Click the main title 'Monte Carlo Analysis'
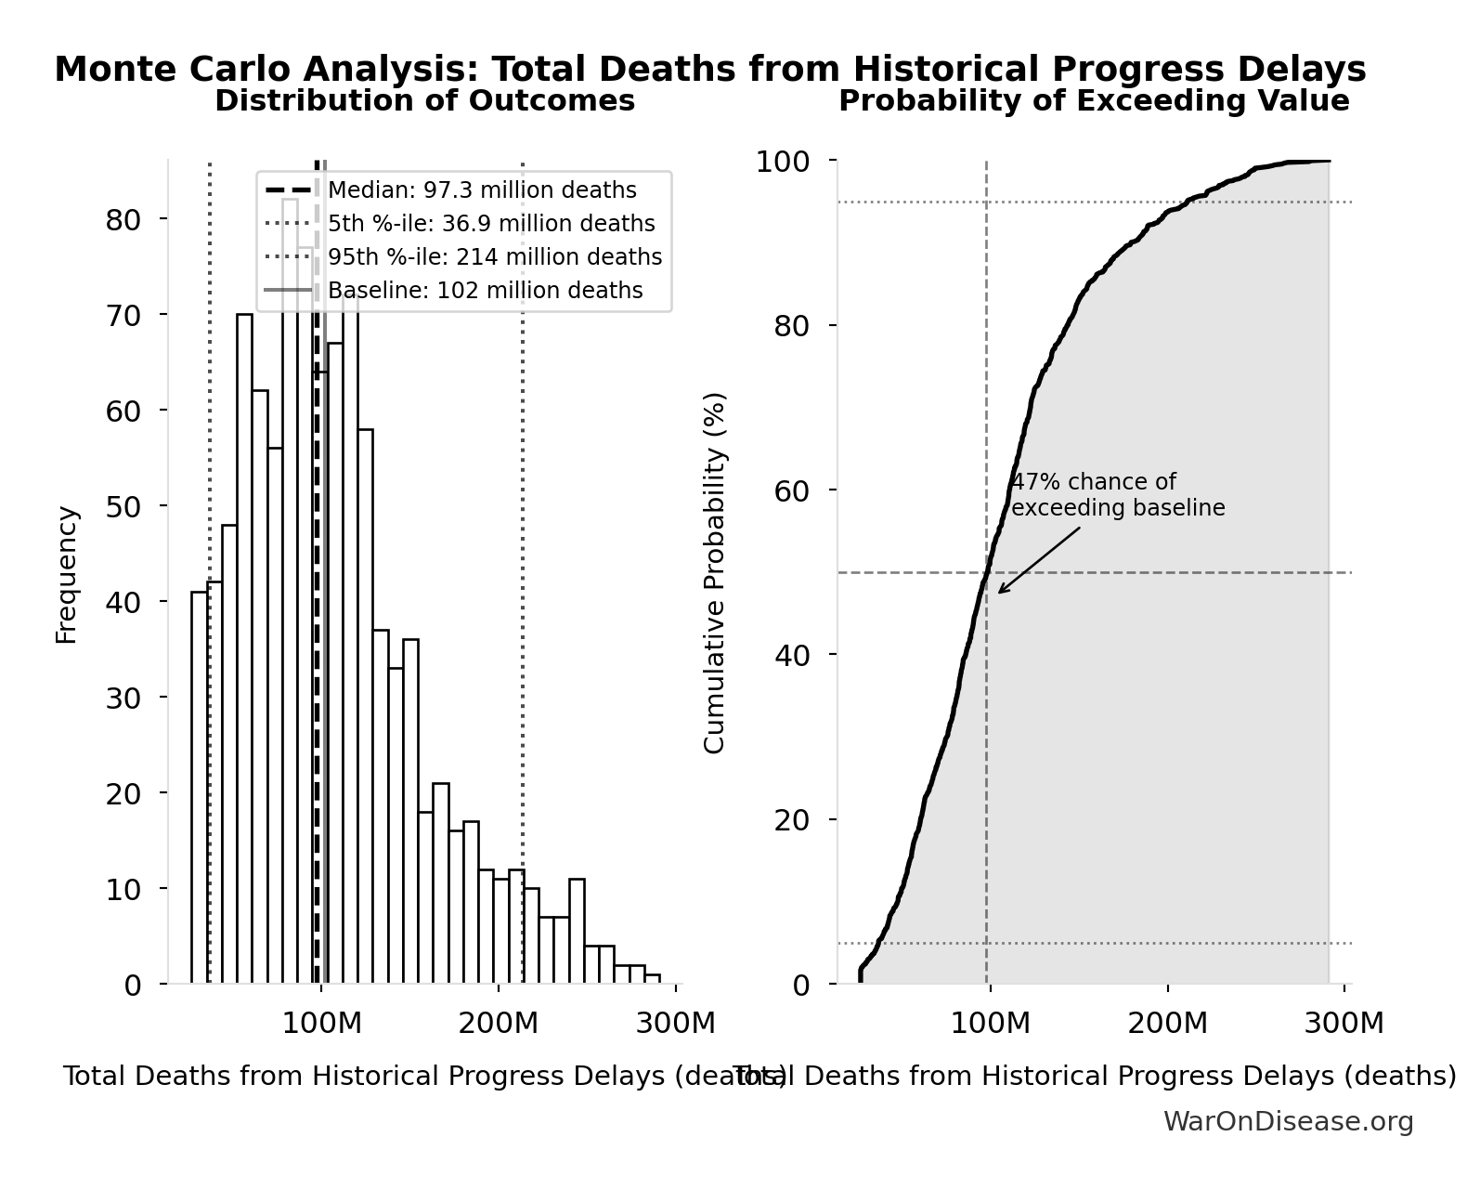[x=709, y=70]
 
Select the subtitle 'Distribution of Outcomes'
[x=424, y=100]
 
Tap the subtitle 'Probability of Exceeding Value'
[x=1094, y=100]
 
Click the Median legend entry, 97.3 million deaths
[x=482, y=190]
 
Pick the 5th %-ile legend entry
[x=491, y=224]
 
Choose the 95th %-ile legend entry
[x=495, y=257]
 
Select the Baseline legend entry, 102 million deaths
[x=485, y=291]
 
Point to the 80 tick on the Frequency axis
[x=123, y=219]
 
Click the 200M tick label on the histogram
[x=498, y=1024]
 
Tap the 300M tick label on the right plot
[x=1344, y=1024]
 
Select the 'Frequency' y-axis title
[x=67, y=575]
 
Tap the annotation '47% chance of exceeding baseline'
[x=1117, y=495]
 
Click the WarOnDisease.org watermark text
[x=1288, y=1122]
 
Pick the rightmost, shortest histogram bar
[x=652, y=978]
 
